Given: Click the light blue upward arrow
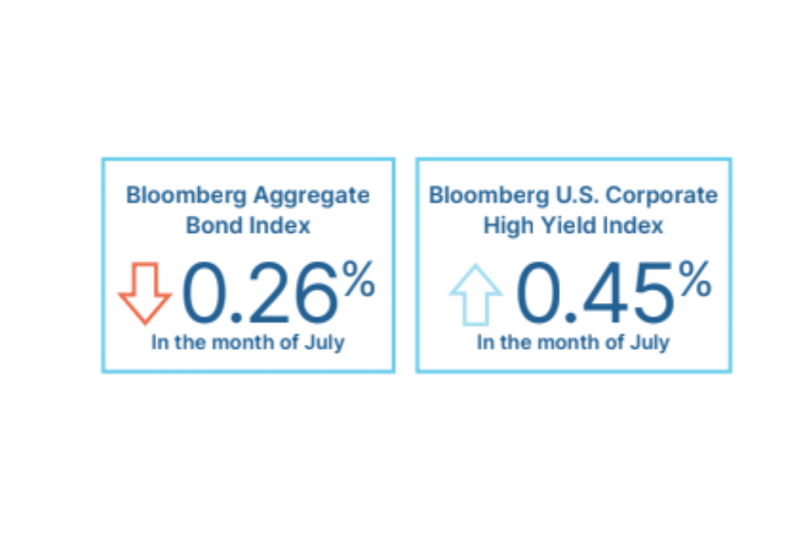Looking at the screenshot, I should (476, 295).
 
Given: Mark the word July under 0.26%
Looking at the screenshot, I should (325, 343).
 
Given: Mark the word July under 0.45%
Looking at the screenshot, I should (650, 343).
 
